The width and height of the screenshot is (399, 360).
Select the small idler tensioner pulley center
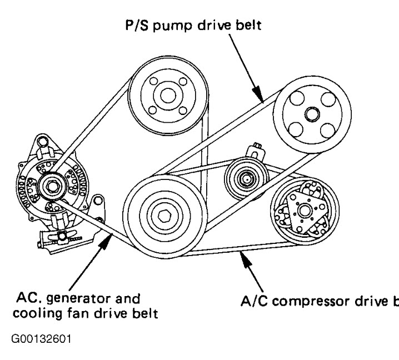click(245, 179)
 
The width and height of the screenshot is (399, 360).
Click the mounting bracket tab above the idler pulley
click(257, 150)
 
